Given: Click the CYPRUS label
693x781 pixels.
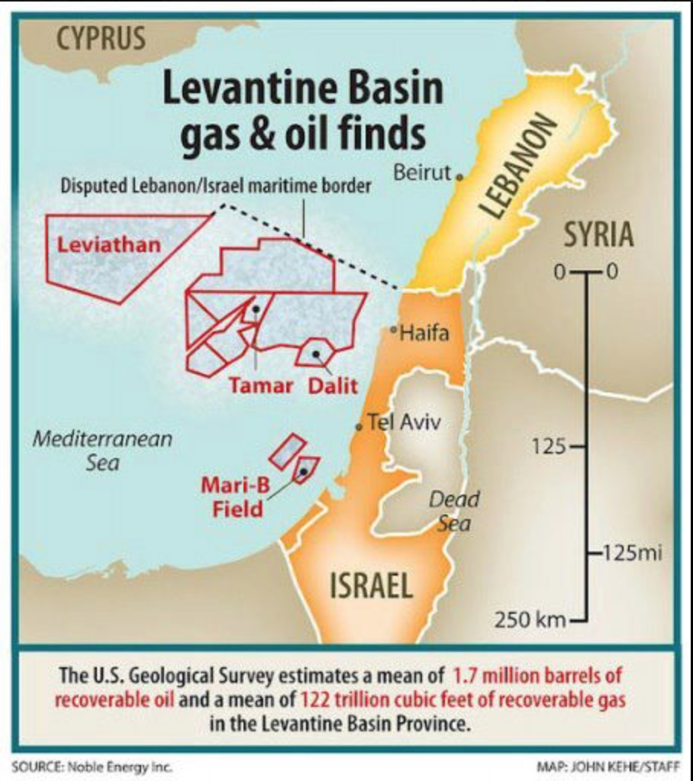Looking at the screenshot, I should [102, 38].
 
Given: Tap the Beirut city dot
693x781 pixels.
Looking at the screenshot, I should [459, 176].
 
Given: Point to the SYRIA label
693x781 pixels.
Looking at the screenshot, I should [598, 234].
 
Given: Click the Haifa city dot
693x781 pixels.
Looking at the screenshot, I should [393, 331].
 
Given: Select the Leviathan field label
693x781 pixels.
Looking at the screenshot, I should [110, 245].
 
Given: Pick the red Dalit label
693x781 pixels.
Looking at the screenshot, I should [333, 386].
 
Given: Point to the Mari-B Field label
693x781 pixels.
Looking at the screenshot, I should [232, 496].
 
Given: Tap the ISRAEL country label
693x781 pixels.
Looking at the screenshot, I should [371, 586].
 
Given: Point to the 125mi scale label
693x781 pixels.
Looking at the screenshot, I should [629, 552].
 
